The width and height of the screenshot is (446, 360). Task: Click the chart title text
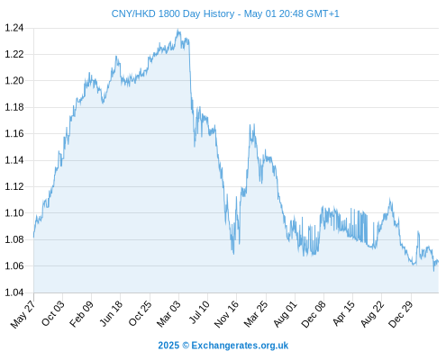pos(225,13)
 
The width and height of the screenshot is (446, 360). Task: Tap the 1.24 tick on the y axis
pos(14,28)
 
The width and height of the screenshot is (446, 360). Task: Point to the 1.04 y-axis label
pos(14,292)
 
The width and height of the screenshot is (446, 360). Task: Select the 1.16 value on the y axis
pos(14,133)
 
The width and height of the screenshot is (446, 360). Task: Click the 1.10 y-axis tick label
pos(14,213)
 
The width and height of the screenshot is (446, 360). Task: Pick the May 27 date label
pos(23,314)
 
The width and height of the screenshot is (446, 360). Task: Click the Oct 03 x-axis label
pos(53,313)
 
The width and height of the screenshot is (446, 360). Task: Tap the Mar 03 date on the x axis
pos(168,313)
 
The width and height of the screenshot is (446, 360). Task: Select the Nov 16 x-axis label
pos(226,313)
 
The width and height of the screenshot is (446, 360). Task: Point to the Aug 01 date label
pos(285,313)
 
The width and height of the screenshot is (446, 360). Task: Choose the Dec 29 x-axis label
pos(401,313)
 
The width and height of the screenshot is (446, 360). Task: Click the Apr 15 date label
pos(343,313)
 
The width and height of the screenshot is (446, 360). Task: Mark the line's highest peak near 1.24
pos(178,30)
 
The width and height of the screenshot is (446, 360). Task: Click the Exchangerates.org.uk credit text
pos(240,346)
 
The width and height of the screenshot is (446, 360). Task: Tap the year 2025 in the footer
pos(168,346)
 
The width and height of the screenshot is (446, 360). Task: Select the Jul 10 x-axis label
pos(199,312)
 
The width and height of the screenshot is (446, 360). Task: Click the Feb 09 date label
pos(81,313)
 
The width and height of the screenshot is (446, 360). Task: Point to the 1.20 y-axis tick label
pos(14,81)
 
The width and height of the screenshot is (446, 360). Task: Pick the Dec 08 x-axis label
pos(314,313)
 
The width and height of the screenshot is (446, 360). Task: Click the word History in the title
pos(220,13)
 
